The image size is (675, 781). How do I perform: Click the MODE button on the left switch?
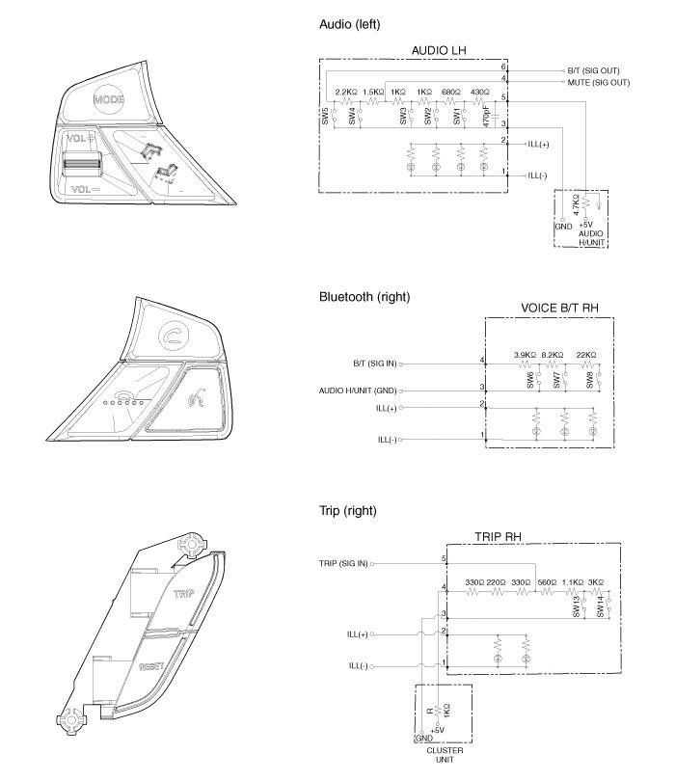click(x=109, y=99)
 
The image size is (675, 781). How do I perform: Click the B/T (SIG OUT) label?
click(x=596, y=71)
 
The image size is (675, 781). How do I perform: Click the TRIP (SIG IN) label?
click(x=342, y=562)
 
